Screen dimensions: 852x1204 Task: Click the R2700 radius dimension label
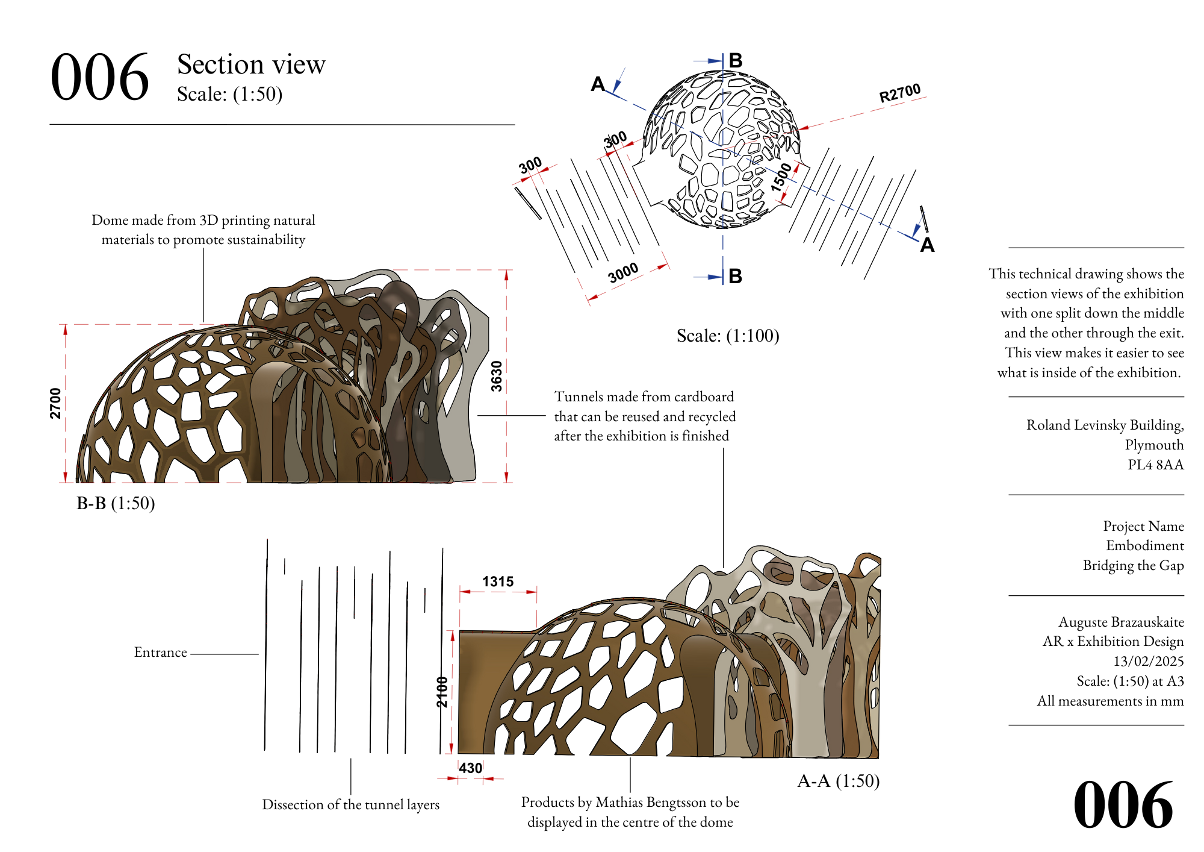pyautogui.click(x=899, y=93)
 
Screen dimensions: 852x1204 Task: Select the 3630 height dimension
pyautogui.click(x=497, y=376)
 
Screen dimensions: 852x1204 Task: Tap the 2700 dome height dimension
pyautogui.click(x=55, y=403)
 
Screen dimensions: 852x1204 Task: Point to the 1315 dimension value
pyautogui.click(x=498, y=581)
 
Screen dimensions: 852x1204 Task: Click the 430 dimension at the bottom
pyautogui.click(x=470, y=768)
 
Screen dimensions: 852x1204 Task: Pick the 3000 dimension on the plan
pyautogui.click(x=623, y=273)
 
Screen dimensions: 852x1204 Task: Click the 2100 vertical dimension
pyautogui.click(x=442, y=692)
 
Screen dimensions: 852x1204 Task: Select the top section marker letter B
pyautogui.click(x=736, y=60)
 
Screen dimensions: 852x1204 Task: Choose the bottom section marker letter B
pyautogui.click(x=735, y=276)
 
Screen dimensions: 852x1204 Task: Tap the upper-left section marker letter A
pyautogui.click(x=597, y=84)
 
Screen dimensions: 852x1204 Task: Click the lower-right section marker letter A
pyautogui.click(x=927, y=245)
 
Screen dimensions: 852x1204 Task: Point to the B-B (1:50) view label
pyautogui.click(x=116, y=503)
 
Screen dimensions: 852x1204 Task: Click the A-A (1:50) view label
pyautogui.click(x=838, y=781)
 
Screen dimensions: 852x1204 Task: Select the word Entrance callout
pyautogui.click(x=160, y=653)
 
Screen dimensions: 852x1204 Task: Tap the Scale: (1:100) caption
pyautogui.click(x=728, y=336)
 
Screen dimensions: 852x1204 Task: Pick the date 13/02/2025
pyautogui.click(x=1148, y=661)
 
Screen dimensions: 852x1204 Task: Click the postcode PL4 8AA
pyautogui.click(x=1155, y=465)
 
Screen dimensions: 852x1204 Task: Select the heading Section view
pyautogui.click(x=251, y=64)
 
